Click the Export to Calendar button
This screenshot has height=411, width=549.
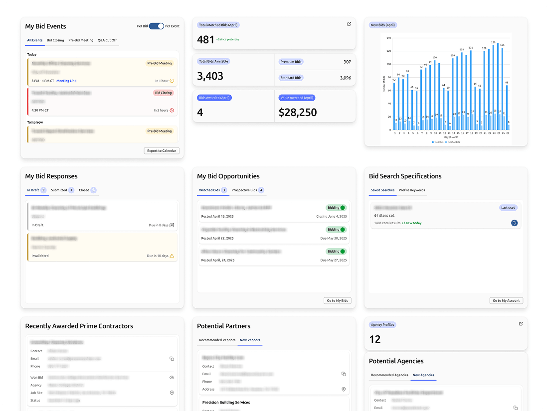pyautogui.click(x=162, y=150)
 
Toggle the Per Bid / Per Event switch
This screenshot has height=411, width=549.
pyautogui.click(x=156, y=26)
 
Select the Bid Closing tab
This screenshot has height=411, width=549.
pyautogui.click(x=55, y=40)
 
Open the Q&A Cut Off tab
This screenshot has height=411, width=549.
pyautogui.click(x=107, y=40)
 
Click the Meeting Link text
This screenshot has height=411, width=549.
pyautogui.click(x=66, y=81)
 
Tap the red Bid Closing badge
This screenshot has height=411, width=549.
pyautogui.click(x=163, y=93)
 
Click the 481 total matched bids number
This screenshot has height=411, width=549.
pyautogui.click(x=205, y=40)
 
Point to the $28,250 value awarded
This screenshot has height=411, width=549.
pyautogui.click(x=298, y=113)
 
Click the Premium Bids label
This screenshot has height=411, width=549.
pyautogui.click(x=291, y=62)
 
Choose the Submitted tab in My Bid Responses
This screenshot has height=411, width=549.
pyautogui.click(x=59, y=190)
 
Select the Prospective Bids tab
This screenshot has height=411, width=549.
pyautogui.click(x=244, y=190)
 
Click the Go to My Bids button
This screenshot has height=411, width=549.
pyautogui.click(x=338, y=300)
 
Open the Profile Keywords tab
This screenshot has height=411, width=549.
pyautogui.click(x=412, y=190)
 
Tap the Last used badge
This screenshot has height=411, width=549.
pyautogui.click(x=508, y=208)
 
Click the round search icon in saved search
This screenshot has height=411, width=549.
pyautogui.click(x=514, y=223)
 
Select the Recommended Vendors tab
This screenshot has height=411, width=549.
pyautogui.click(x=217, y=340)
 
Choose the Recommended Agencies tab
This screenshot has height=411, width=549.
pyautogui.click(x=389, y=375)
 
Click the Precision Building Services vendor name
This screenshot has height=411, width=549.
pyautogui.click(x=226, y=403)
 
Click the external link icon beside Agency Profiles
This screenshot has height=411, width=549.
pyautogui.click(x=521, y=324)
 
